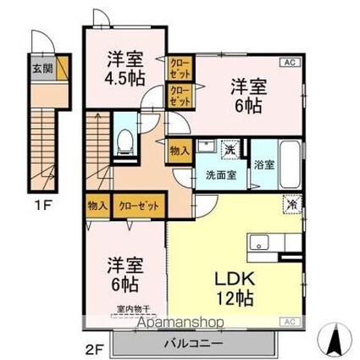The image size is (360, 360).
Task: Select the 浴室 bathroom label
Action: click(262, 165)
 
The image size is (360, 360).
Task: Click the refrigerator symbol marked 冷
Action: click(290, 204)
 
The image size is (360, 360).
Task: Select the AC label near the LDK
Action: click(288, 322)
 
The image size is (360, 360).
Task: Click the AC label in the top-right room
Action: click(288, 63)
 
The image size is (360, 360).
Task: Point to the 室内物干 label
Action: click(132, 310)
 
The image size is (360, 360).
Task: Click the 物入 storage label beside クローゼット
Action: click(97, 204)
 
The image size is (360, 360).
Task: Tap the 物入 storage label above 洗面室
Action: click(180, 151)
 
